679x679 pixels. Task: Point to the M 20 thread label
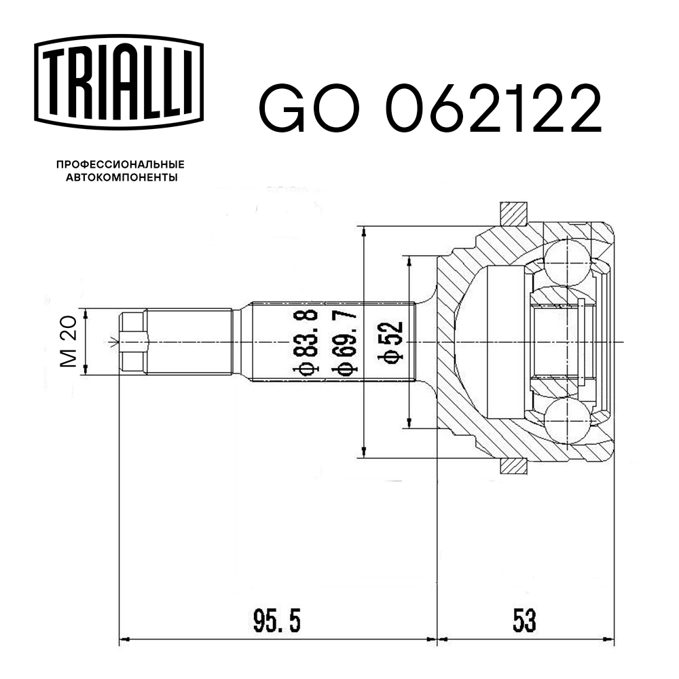click(x=69, y=341)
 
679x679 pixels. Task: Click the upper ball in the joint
click(x=566, y=262)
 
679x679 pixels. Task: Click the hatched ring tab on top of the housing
click(x=513, y=214)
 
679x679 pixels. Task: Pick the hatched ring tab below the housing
click(x=513, y=466)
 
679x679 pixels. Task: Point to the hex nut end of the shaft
click(x=133, y=342)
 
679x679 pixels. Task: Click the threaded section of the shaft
click(x=189, y=342)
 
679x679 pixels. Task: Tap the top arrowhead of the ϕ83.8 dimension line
click(x=365, y=230)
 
